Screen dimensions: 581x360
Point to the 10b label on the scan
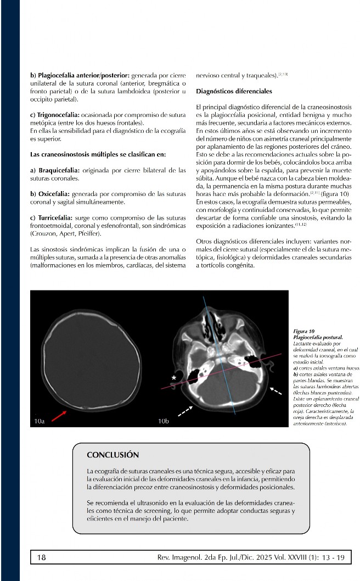(164, 421)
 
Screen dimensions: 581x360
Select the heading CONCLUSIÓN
(113, 455)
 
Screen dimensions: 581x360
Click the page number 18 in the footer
(41, 557)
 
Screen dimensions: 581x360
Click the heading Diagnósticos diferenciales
(234, 91)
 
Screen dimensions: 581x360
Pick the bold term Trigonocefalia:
(55, 116)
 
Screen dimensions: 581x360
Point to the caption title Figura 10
(305, 332)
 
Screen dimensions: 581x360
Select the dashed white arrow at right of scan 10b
(279, 390)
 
